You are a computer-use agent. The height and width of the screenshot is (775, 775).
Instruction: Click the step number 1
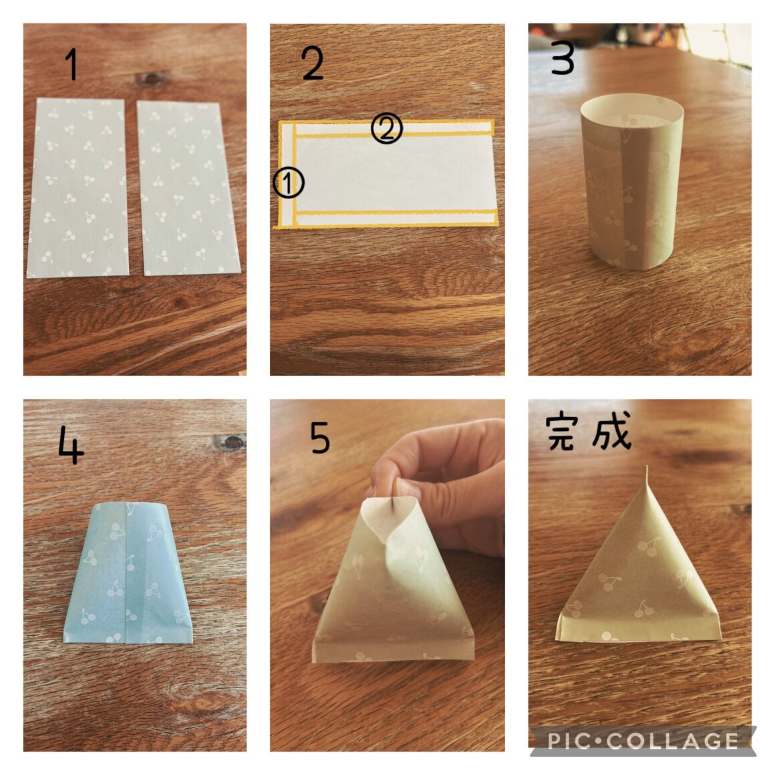point(73,64)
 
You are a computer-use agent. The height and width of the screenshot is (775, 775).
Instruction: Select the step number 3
point(563,58)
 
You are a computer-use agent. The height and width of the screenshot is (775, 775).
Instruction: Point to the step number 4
point(71,445)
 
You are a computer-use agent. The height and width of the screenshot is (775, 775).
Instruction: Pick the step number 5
point(320,438)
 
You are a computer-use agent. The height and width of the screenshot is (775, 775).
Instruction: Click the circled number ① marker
point(289,183)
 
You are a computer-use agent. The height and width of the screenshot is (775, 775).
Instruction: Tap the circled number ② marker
point(387,128)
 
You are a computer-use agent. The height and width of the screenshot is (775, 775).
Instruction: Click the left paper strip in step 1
point(77,188)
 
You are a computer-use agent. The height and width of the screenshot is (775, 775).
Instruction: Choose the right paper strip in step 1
point(188,188)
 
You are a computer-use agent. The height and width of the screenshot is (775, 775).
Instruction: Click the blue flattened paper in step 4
point(128,573)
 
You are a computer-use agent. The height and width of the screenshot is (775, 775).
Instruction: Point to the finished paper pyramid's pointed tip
point(647,467)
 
